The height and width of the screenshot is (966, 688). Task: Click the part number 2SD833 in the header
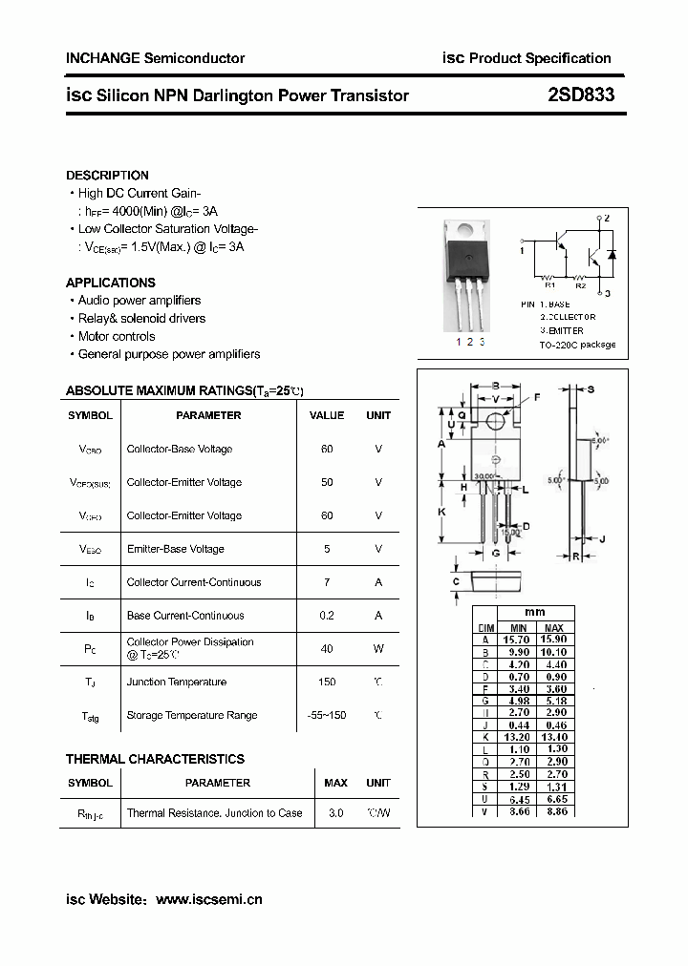coord(581,95)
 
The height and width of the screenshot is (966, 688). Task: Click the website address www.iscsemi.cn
coord(208,899)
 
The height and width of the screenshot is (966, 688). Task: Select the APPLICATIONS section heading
coord(110,283)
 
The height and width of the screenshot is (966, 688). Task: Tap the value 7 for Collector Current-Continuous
coord(327,582)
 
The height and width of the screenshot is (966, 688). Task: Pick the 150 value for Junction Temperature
coord(327,682)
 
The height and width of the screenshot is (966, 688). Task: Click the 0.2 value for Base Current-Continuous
coord(327,616)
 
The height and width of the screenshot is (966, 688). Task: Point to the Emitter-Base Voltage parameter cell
coord(175,549)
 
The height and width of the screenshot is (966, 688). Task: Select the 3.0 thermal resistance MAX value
coord(335,813)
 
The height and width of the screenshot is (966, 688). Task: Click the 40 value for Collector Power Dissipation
coord(327,649)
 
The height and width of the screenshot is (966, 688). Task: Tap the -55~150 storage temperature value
coord(327,716)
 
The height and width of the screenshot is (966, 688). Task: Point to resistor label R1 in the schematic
coord(549,284)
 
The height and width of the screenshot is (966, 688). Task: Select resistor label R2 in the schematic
coord(580,284)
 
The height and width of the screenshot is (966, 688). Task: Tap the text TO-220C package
coord(577,345)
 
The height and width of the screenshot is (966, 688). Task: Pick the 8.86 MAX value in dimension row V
coord(553,811)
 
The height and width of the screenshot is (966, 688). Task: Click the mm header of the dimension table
coord(535,613)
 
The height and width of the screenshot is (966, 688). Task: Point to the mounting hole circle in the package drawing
coord(496,420)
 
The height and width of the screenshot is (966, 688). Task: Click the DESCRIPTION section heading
coord(107,176)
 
